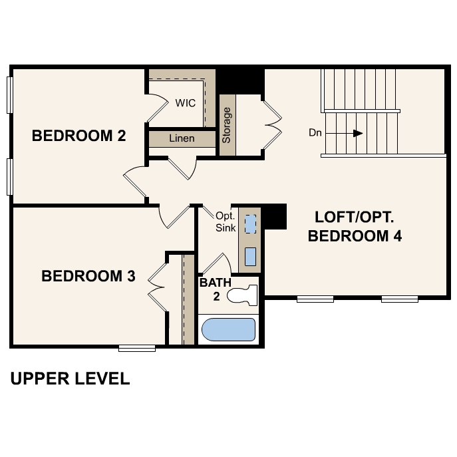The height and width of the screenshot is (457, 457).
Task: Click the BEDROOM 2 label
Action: click(x=78, y=136)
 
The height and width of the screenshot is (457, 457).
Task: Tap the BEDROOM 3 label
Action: click(x=88, y=275)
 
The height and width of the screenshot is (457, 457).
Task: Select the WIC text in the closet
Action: click(x=186, y=103)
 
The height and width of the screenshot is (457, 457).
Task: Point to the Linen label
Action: click(x=182, y=138)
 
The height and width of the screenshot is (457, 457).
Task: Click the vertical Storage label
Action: click(x=226, y=125)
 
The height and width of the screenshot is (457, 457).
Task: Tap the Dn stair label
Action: click(x=315, y=133)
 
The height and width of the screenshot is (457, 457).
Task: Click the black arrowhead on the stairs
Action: click(x=358, y=133)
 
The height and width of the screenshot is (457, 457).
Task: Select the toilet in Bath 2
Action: click(x=242, y=295)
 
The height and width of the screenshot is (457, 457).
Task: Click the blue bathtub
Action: click(x=229, y=329)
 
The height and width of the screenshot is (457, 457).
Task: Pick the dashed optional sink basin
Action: click(x=250, y=224)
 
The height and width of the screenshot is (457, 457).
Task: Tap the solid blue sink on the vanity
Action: click(x=250, y=257)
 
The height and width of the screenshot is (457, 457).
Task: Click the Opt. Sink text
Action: click(x=226, y=222)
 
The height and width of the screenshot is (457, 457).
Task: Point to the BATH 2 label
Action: click(x=216, y=289)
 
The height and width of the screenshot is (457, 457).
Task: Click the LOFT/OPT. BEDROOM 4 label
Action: click(x=355, y=226)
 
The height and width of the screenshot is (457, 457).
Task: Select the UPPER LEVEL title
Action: click(x=70, y=379)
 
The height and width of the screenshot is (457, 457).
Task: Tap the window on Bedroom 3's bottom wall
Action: click(x=137, y=348)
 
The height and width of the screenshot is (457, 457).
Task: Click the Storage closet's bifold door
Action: click(x=273, y=125)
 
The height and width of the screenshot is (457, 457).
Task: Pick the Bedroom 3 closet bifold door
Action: click(x=158, y=287)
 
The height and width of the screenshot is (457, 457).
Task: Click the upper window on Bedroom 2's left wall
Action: click(x=9, y=94)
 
